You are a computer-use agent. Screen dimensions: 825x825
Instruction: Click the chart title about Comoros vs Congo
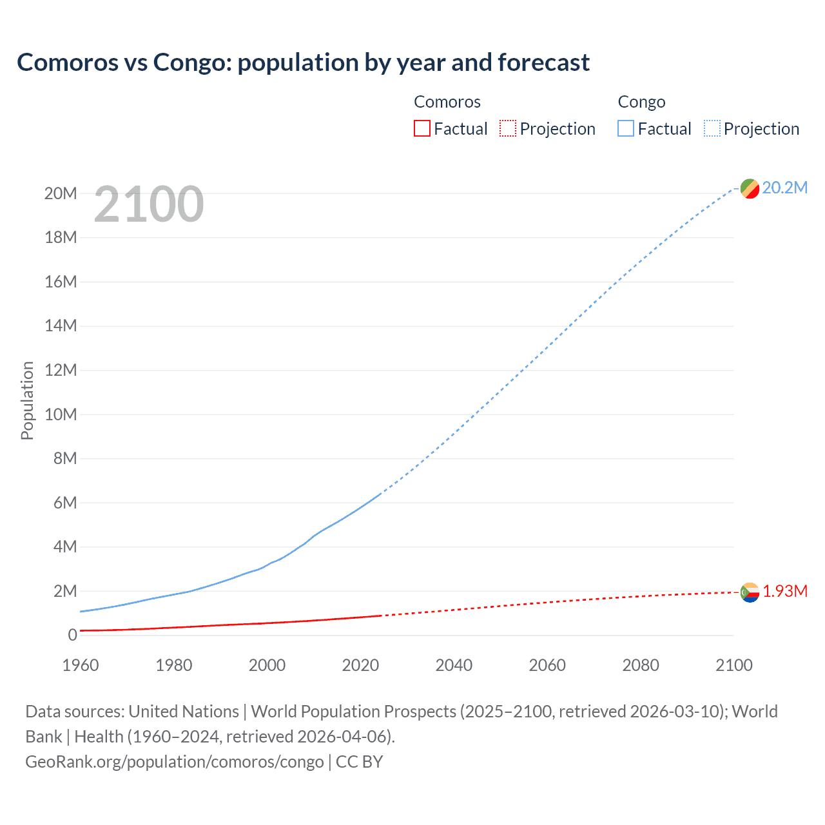(303, 63)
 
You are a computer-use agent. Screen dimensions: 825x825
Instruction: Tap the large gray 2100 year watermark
(149, 204)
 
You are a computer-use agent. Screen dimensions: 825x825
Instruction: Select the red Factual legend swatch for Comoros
(422, 128)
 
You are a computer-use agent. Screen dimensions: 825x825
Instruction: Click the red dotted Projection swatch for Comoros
(508, 128)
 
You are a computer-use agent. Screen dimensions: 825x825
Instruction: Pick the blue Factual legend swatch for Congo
(626, 128)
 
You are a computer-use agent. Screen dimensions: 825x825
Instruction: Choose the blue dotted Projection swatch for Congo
(712, 128)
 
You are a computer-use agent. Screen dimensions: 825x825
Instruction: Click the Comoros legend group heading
(447, 102)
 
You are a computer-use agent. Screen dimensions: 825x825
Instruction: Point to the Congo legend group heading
(641, 102)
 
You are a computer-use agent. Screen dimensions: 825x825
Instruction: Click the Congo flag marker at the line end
(750, 188)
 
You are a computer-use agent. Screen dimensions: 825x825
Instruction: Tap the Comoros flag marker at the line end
(750, 592)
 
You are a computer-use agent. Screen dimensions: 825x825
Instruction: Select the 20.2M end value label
(784, 188)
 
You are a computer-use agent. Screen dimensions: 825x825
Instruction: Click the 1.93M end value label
(785, 591)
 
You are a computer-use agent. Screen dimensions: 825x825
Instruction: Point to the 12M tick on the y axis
(61, 370)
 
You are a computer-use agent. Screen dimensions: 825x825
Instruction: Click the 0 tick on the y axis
(72, 635)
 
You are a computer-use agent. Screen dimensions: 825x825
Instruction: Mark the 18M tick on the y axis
(61, 237)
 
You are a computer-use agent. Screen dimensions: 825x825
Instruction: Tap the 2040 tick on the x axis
(454, 665)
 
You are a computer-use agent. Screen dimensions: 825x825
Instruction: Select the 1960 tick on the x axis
(81, 665)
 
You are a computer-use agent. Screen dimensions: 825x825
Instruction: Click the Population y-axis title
(27, 400)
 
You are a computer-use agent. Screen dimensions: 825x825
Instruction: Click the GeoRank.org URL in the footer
(174, 762)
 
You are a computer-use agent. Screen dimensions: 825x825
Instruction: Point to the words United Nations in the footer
(184, 712)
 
